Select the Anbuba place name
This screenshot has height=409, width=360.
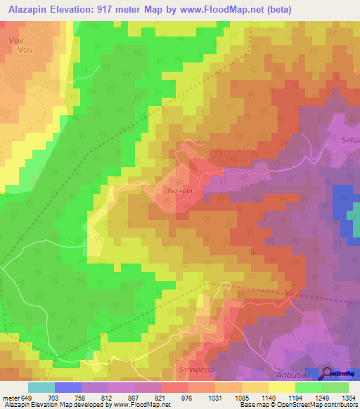point(292,374)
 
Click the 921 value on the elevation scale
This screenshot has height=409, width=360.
point(162,397)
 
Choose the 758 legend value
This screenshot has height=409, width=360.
point(81,397)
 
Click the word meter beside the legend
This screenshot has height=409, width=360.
point(9,397)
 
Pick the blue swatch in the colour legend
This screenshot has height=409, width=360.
point(67,387)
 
